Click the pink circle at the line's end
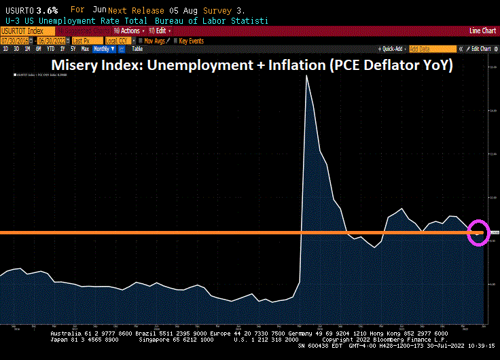point(480,232)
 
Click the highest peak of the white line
point(307,75)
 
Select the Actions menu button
point(130,31)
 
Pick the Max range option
point(85,49)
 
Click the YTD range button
point(51,49)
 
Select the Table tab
point(137,49)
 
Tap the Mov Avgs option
point(154,40)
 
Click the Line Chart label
point(482,31)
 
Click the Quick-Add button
point(392,49)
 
